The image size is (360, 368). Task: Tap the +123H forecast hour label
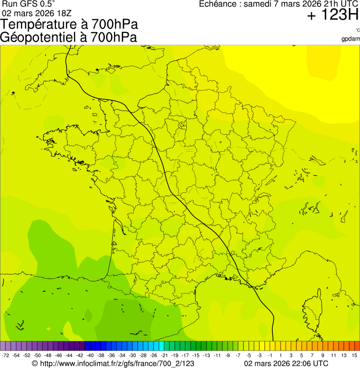tap(333, 15)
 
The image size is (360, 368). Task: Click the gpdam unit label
tap(351, 39)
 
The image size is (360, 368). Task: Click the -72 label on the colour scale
tap(6, 356)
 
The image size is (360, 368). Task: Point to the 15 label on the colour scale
tap(355, 356)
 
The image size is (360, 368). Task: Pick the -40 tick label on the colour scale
tap(90, 356)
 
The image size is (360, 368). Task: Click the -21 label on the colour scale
tap(164, 356)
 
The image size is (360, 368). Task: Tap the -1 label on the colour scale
tap(270, 356)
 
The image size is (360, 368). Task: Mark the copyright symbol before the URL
tap(35, 363)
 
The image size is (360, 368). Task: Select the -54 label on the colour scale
tap(16, 356)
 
